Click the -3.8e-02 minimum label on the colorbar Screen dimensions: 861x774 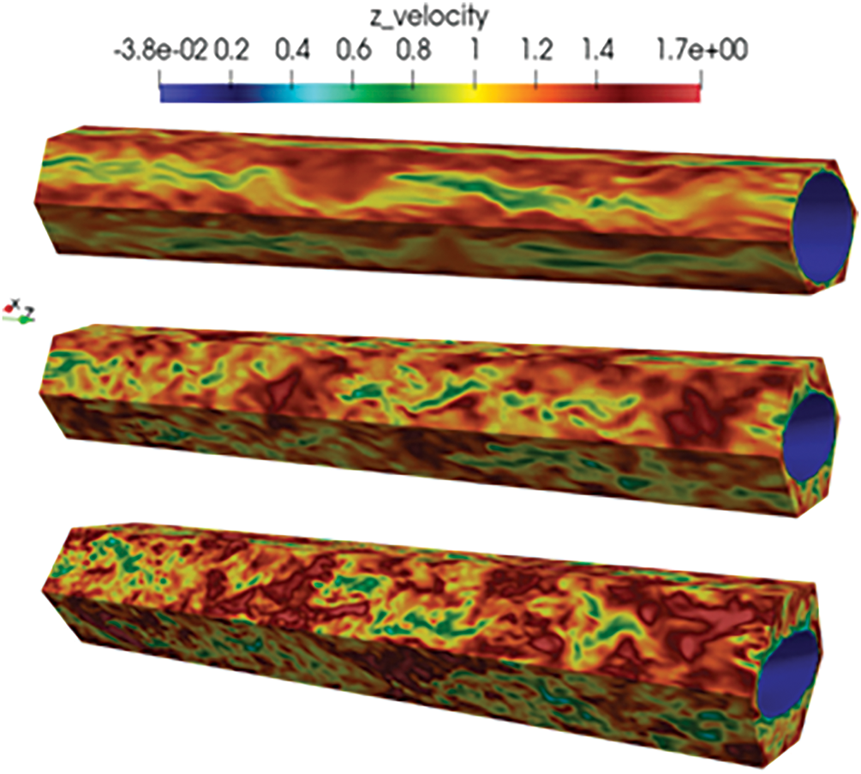pos(161,51)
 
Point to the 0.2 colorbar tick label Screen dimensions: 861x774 pos(231,51)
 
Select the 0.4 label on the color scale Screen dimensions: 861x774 pos(292,51)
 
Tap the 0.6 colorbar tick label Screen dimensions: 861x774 pos(353,51)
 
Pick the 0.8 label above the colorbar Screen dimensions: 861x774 pos(414,51)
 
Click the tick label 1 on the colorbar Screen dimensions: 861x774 pos(475,51)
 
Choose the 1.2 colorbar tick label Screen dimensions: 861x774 pos(535,51)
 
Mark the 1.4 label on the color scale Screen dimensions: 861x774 pos(597,51)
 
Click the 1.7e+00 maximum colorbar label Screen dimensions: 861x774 pos(702,51)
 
